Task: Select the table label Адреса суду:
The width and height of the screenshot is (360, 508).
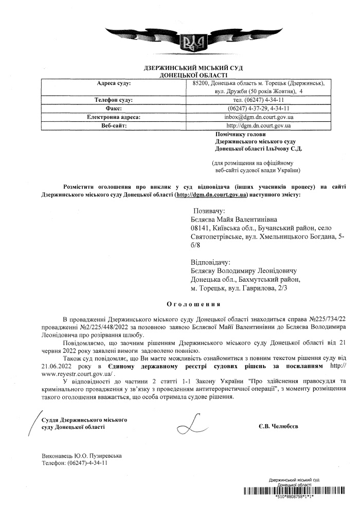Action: click(x=114, y=82)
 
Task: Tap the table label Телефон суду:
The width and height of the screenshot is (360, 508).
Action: click(x=114, y=100)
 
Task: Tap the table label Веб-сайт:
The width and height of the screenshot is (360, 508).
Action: click(x=114, y=125)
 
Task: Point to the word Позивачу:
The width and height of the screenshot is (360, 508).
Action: click(x=209, y=211)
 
